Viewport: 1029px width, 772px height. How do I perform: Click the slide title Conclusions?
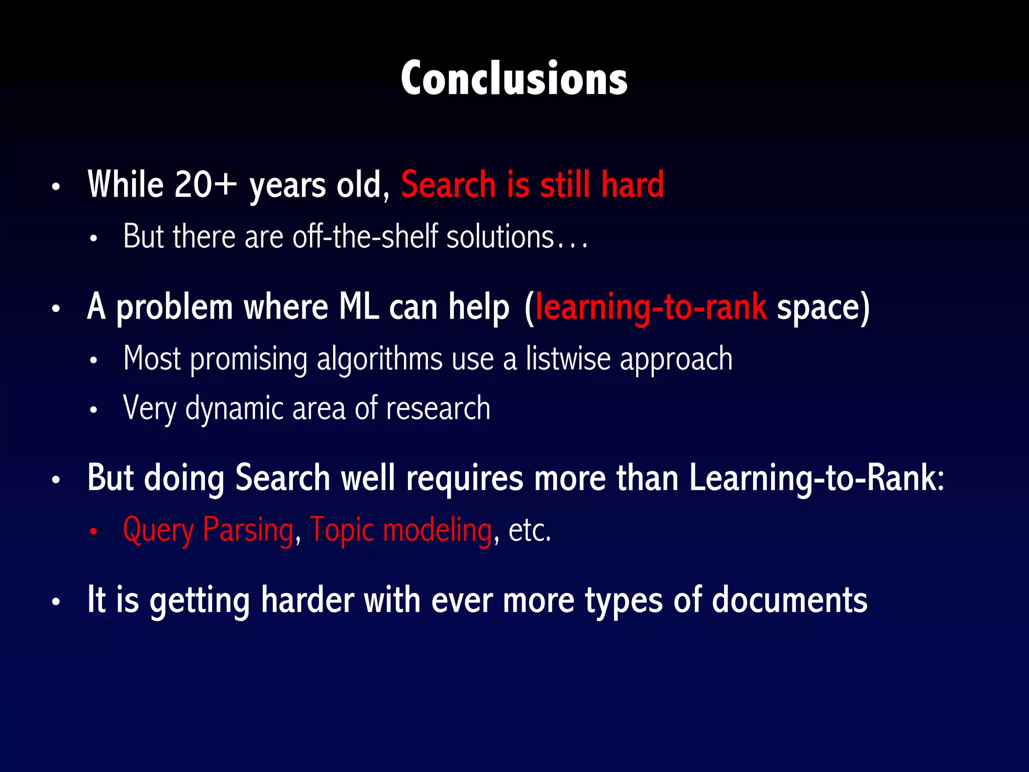point(514,79)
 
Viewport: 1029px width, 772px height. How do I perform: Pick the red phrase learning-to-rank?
point(651,308)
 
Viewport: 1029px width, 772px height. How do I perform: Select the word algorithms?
point(379,360)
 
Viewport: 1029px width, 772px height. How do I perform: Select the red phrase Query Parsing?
point(208,531)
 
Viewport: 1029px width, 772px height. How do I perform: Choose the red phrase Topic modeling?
point(400,531)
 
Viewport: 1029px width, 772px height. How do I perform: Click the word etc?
point(529,531)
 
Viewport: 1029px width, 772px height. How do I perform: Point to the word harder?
point(307,600)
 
